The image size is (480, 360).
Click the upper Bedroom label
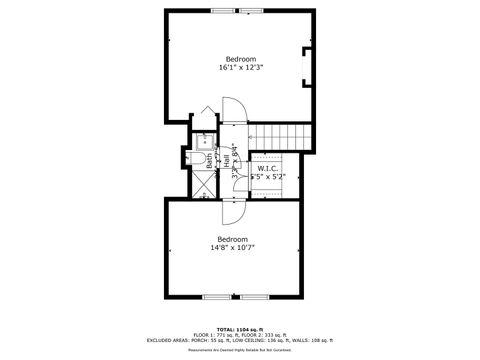pyautogui.click(x=240, y=58)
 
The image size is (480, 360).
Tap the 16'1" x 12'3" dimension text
pyautogui.click(x=240, y=67)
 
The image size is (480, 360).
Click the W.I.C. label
pyautogui.click(x=267, y=168)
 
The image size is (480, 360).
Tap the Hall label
pyautogui.click(x=228, y=160)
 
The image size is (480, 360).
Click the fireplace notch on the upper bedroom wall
pyautogui.click(x=308, y=60)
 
